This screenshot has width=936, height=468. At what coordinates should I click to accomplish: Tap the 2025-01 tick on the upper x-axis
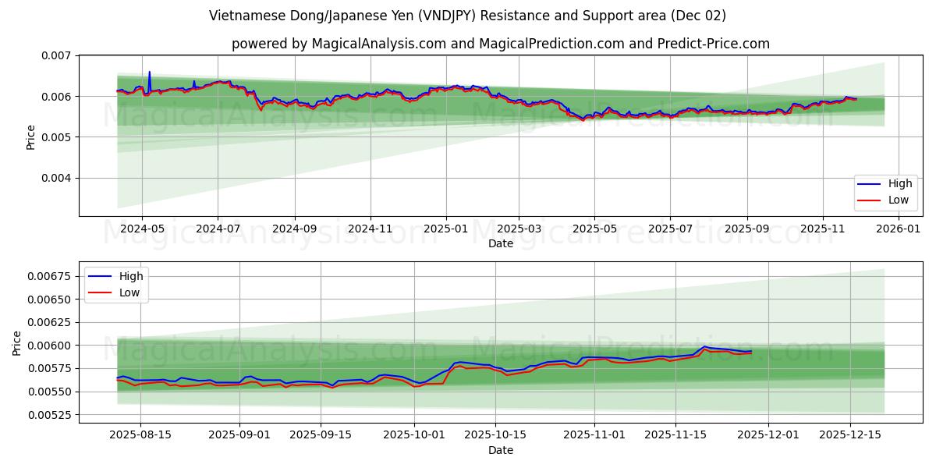click(x=446, y=229)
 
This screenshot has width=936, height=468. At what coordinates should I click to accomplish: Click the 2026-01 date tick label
click(x=899, y=229)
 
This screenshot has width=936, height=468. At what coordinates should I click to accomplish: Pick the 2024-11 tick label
click(x=370, y=229)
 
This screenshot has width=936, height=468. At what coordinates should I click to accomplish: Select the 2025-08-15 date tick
click(x=141, y=435)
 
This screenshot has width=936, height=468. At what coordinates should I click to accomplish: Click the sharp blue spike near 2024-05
click(x=149, y=73)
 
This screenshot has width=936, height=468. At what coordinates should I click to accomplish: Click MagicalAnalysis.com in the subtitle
click(x=373, y=44)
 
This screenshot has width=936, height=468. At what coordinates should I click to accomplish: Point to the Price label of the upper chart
click(x=31, y=136)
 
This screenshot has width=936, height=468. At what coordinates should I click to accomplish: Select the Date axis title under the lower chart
click(x=501, y=450)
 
